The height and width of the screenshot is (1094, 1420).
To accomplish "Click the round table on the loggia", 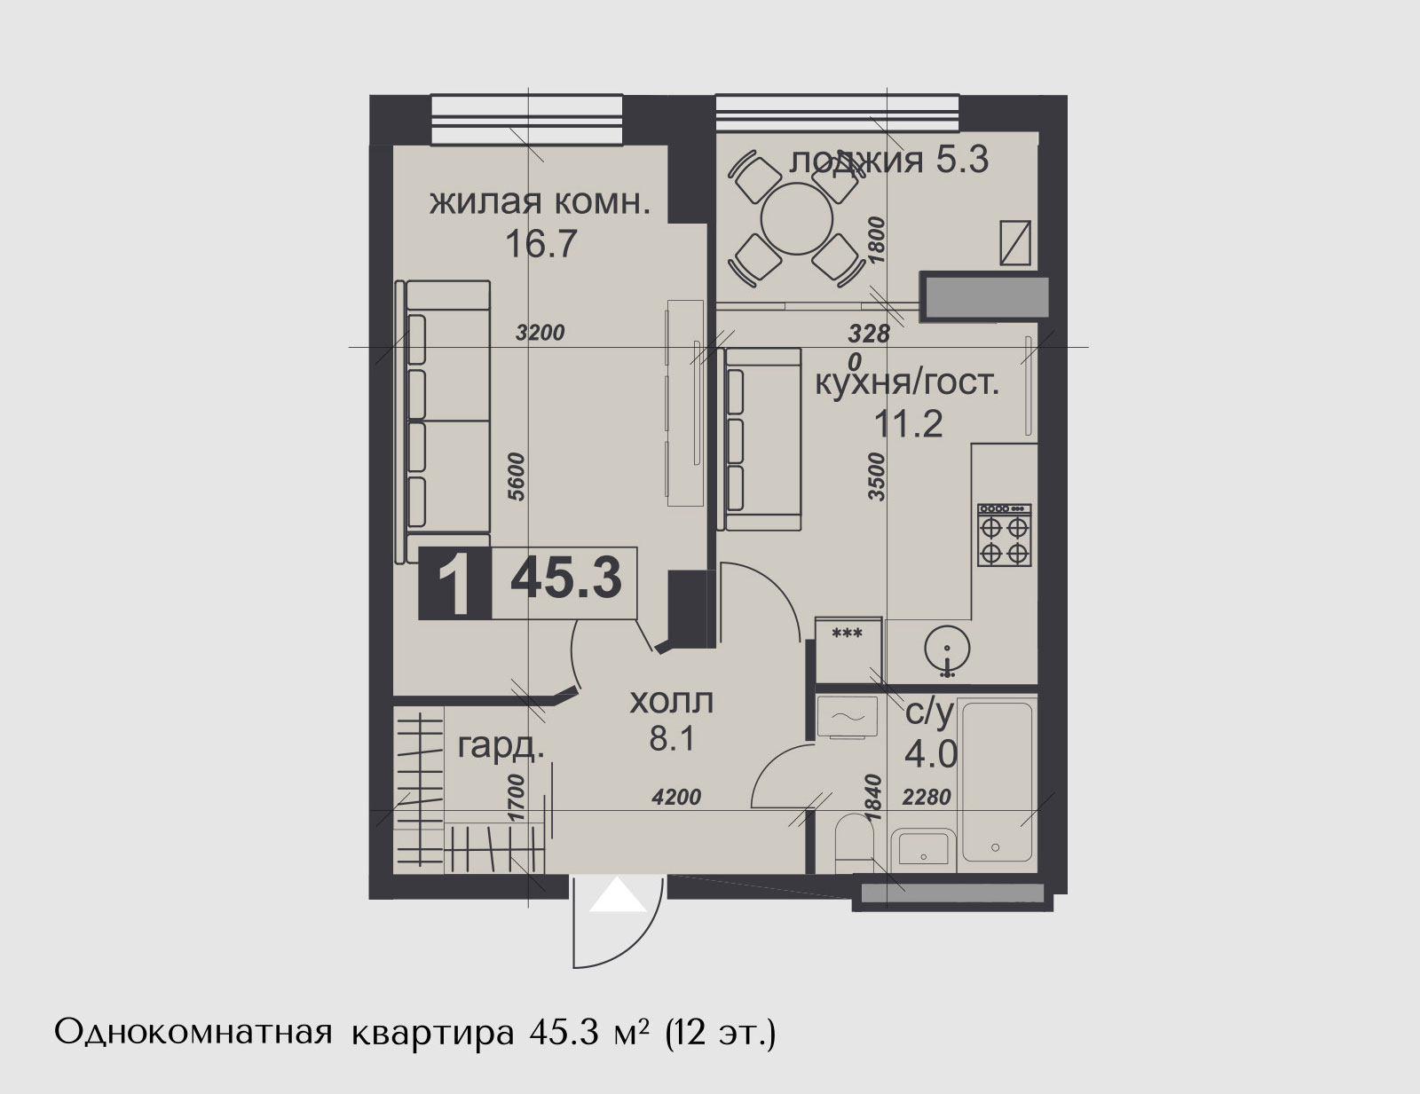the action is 797,219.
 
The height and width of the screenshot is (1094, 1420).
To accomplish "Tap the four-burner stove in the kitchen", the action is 1005,534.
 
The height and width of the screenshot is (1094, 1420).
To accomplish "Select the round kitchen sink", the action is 948,649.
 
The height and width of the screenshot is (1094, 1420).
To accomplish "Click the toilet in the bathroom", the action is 854,842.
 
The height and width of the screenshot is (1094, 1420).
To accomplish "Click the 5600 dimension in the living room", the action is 517,476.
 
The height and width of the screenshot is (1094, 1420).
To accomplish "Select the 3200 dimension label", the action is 540,333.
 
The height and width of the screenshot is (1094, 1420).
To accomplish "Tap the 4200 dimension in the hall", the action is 676,797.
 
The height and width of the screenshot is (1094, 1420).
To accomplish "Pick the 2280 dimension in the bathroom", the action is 927,797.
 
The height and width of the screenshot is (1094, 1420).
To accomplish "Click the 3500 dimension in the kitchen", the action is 877,476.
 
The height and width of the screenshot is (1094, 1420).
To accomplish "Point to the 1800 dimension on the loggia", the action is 877,240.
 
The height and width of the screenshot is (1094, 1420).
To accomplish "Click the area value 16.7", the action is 541,244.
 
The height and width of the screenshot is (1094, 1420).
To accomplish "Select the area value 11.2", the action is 908,424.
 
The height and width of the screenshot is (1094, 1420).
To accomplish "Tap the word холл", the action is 671,702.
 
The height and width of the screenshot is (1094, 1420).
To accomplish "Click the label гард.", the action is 501,746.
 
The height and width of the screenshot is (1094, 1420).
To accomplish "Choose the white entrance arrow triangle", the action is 619,894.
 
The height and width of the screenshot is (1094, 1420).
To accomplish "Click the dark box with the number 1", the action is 454,583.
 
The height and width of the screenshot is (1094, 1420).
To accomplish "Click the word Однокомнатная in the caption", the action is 193,1034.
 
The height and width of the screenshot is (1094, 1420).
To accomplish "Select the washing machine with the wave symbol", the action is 847,717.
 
